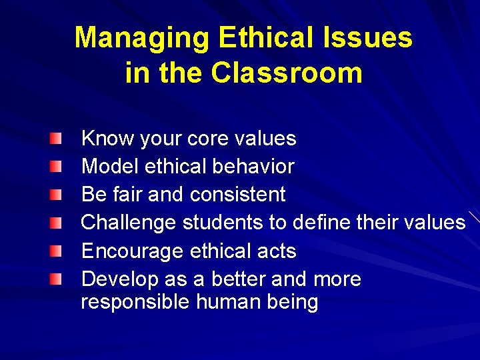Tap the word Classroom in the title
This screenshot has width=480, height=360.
(287, 73)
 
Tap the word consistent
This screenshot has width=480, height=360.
(237, 195)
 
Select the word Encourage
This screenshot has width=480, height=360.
(132, 251)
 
